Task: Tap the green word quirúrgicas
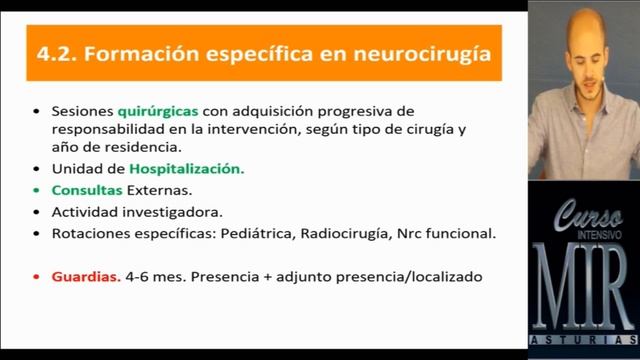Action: (158, 109)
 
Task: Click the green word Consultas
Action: (88, 190)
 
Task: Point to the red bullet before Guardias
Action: (37, 276)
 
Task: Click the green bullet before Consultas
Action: (37, 190)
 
